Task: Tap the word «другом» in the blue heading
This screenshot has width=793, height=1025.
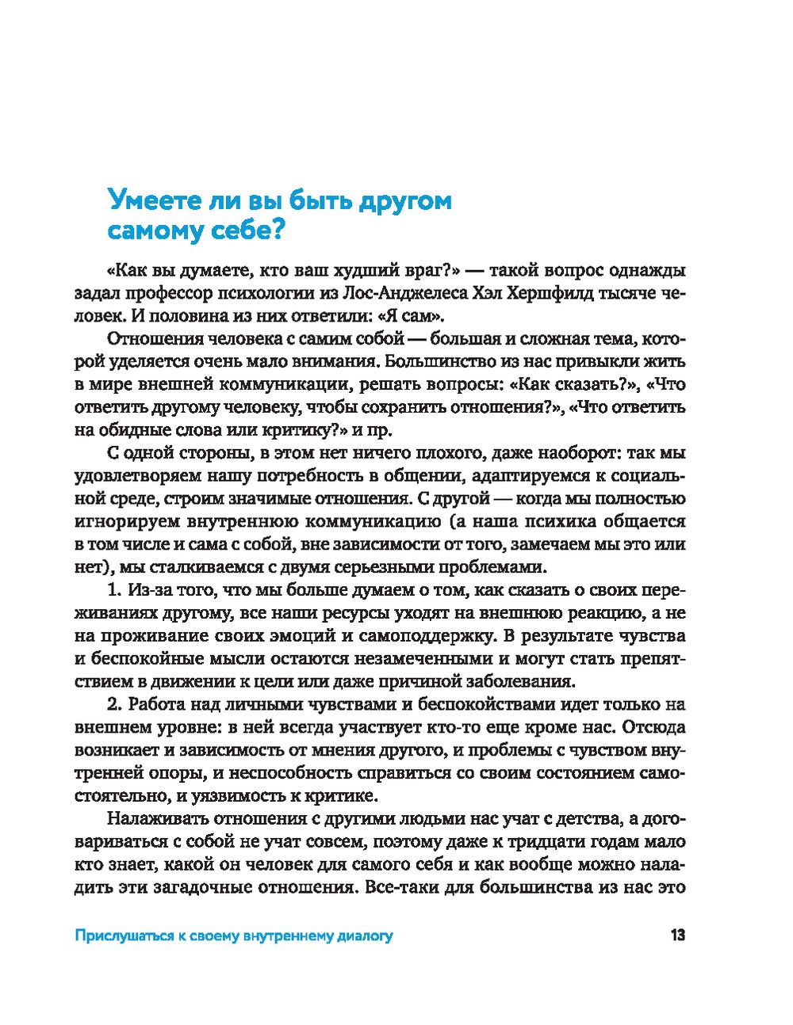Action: pyautogui.click(x=404, y=200)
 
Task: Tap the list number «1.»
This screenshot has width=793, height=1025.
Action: pyautogui.click(x=113, y=589)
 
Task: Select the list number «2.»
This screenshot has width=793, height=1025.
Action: pyautogui.click(x=113, y=703)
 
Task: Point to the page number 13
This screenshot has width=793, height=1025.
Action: pyautogui.click(x=677, y=935)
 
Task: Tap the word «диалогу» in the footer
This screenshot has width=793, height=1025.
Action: pyautogui.click(x=366, y=936)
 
